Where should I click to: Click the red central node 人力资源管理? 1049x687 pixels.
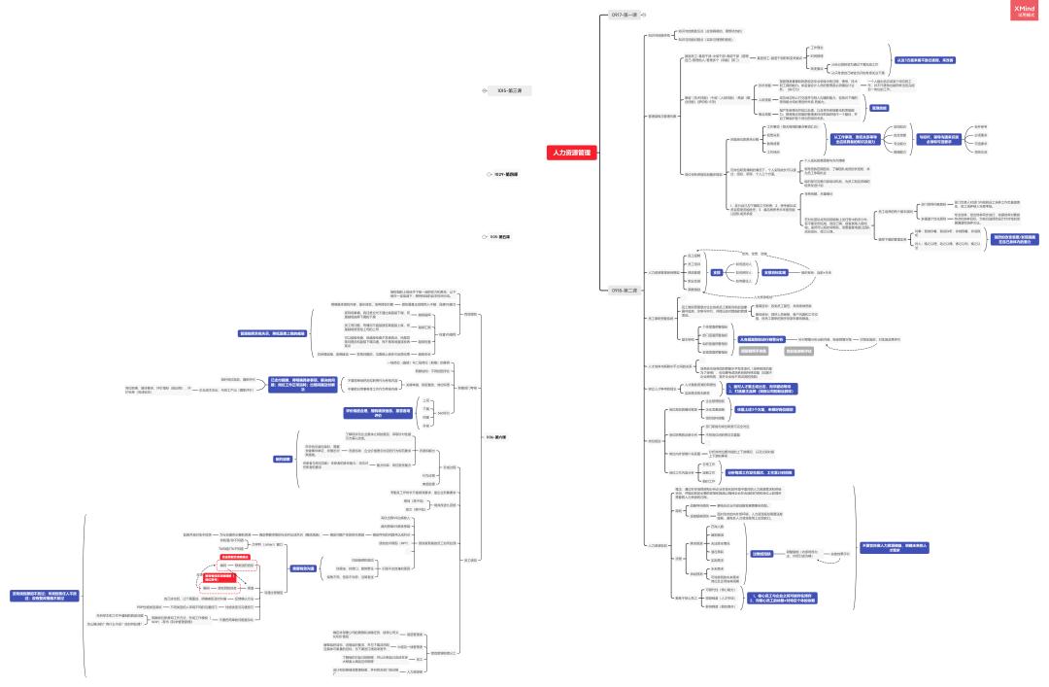pyautogui.click(x=572, y=153)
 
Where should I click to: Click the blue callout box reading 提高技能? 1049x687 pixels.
pyautogui.click(x=878, y=108)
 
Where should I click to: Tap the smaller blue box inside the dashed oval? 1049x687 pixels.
pyautogui.click(x=716, y=272)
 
